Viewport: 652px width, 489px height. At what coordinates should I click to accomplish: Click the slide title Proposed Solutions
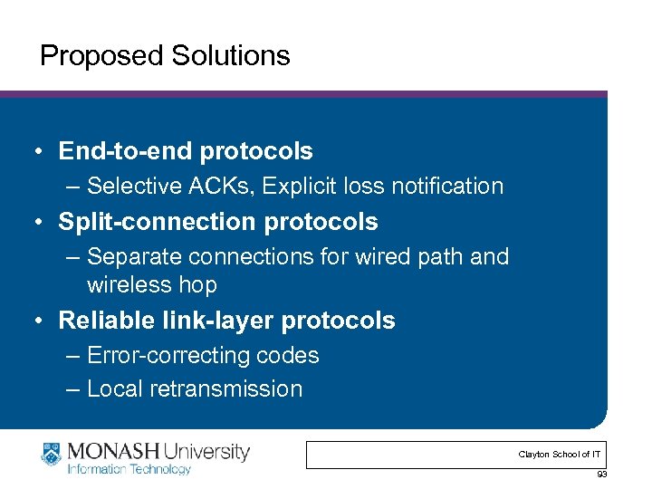click(x=165, y=56)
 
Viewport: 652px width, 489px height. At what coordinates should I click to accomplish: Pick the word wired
click(x=382, y=257)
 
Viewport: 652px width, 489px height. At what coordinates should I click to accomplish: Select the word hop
click(x=197, y=285)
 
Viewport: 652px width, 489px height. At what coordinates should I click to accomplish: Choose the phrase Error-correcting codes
click(x=203, y=356)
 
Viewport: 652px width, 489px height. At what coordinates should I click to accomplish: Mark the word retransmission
click(x=229, y=389)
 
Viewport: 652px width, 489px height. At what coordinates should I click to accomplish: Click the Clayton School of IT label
click(x=558, y=454)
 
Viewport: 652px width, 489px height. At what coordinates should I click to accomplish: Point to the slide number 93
click(x=602, y=475)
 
